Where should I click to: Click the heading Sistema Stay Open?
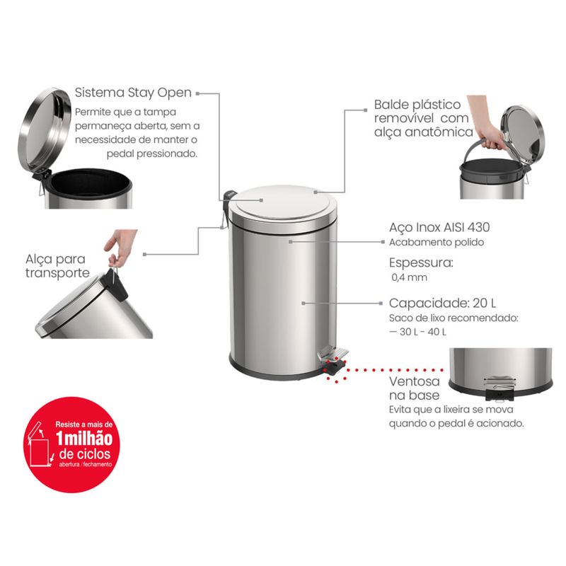point(133,93)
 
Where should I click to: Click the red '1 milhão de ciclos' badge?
point(72,444)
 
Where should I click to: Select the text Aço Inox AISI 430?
point(439,227)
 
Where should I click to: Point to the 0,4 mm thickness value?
point(410,277)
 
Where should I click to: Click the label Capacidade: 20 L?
point(443,303)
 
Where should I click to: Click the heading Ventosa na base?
point(415,388)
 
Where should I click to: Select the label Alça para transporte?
point(57,266)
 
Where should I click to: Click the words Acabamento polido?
point(437,242)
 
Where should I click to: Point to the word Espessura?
point(421,262)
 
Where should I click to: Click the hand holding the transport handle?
point(121,246)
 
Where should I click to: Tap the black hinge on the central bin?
point(229,200)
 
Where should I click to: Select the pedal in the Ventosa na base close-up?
point(499,388)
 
